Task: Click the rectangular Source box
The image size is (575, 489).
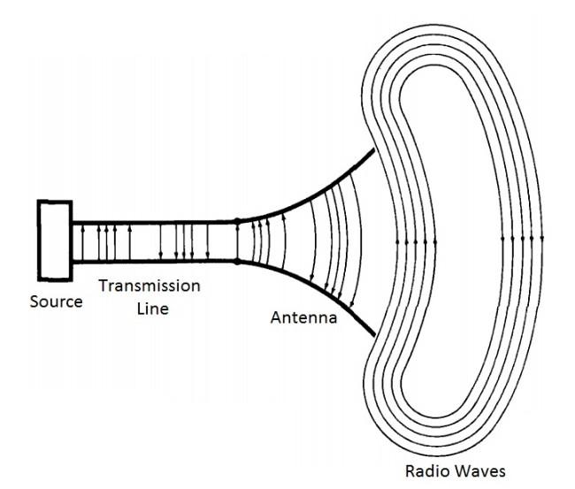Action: (54, 240)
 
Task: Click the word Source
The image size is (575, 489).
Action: (56, 302)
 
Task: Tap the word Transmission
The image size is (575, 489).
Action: (149, 287)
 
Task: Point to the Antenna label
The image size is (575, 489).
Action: (303, 317)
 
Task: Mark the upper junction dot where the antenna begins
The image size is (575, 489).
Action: (237, 220)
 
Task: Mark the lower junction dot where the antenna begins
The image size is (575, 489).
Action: (237, 261)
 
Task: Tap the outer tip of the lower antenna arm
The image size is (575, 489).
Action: (377, 334)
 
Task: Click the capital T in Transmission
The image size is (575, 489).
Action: (103, 287)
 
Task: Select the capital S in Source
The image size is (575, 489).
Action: (35, 302)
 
